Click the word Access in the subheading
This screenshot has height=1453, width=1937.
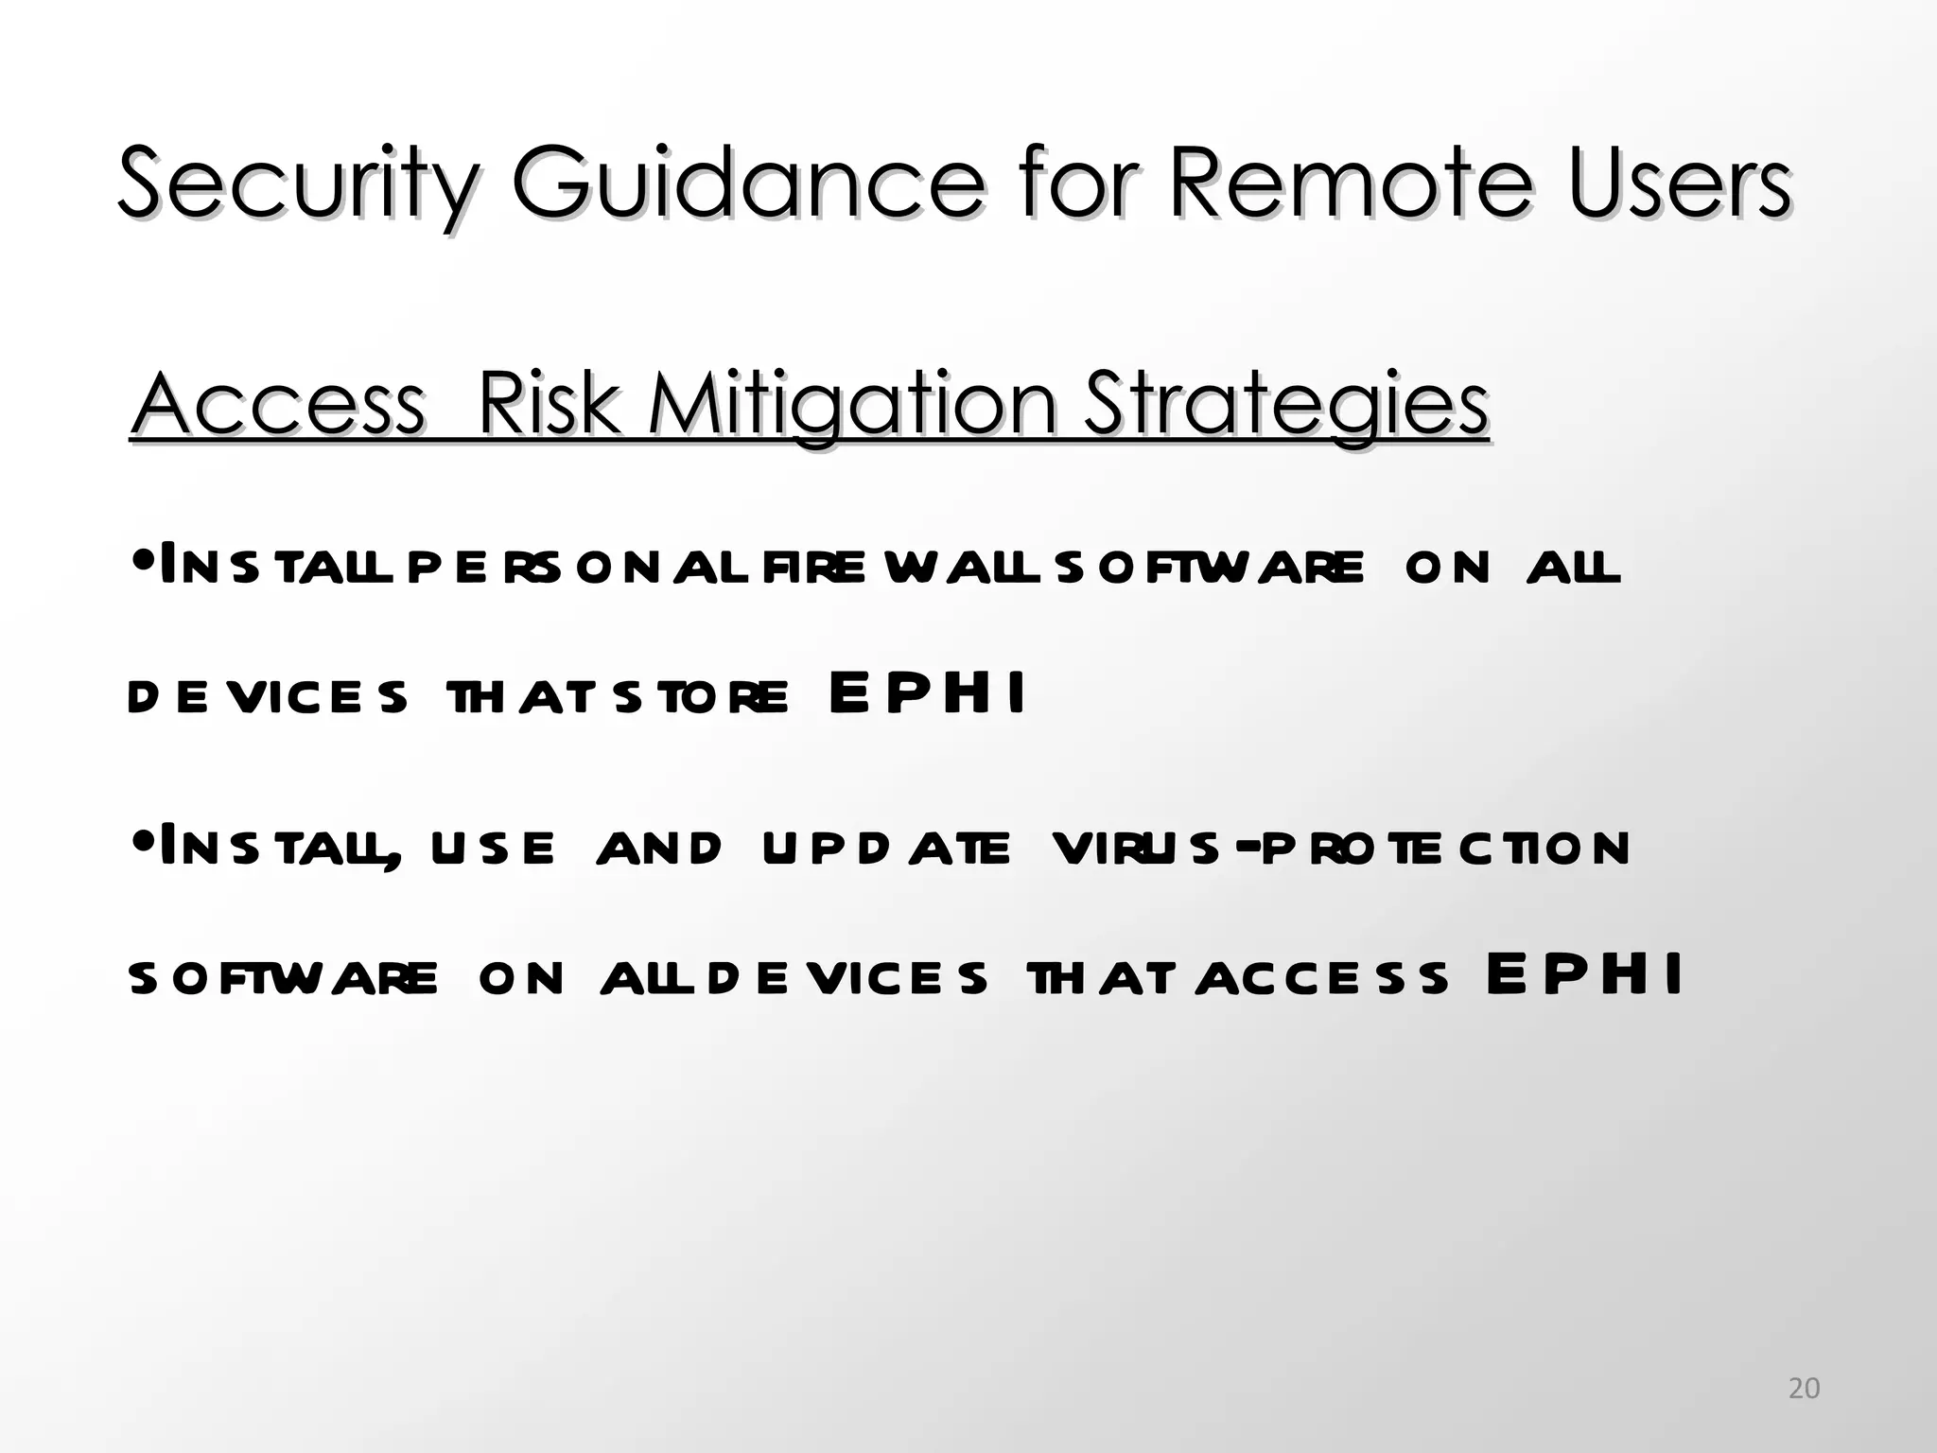[x=278, y=405]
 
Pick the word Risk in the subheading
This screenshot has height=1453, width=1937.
[x=549, y=405]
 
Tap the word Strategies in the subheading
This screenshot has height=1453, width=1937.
[x=1285, y=405]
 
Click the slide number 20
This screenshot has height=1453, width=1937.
[x=1804, y=1388]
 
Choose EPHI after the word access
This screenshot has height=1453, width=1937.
[x=1585, y=975]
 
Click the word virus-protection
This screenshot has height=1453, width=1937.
[x=1341, y=848]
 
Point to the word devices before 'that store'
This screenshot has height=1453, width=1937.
[x=268, y=697]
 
